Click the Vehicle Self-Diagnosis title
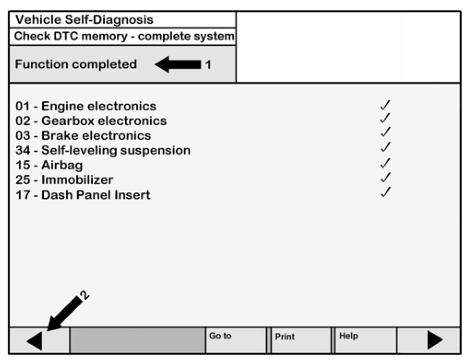(84, 20)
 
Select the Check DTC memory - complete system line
(124, 36)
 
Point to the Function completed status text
(76, 64)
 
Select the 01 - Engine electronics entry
(86, 106)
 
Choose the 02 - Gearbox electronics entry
(91, 121)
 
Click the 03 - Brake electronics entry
(83, 136)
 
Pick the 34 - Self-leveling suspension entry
(103, 151)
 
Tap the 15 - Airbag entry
(49, 166)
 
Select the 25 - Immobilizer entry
(64, 180)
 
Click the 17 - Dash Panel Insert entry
(83, 195)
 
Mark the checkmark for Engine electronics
(385, 105)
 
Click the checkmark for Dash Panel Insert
(385, 192)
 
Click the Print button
(299, 340)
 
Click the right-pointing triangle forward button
(434, 340)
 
